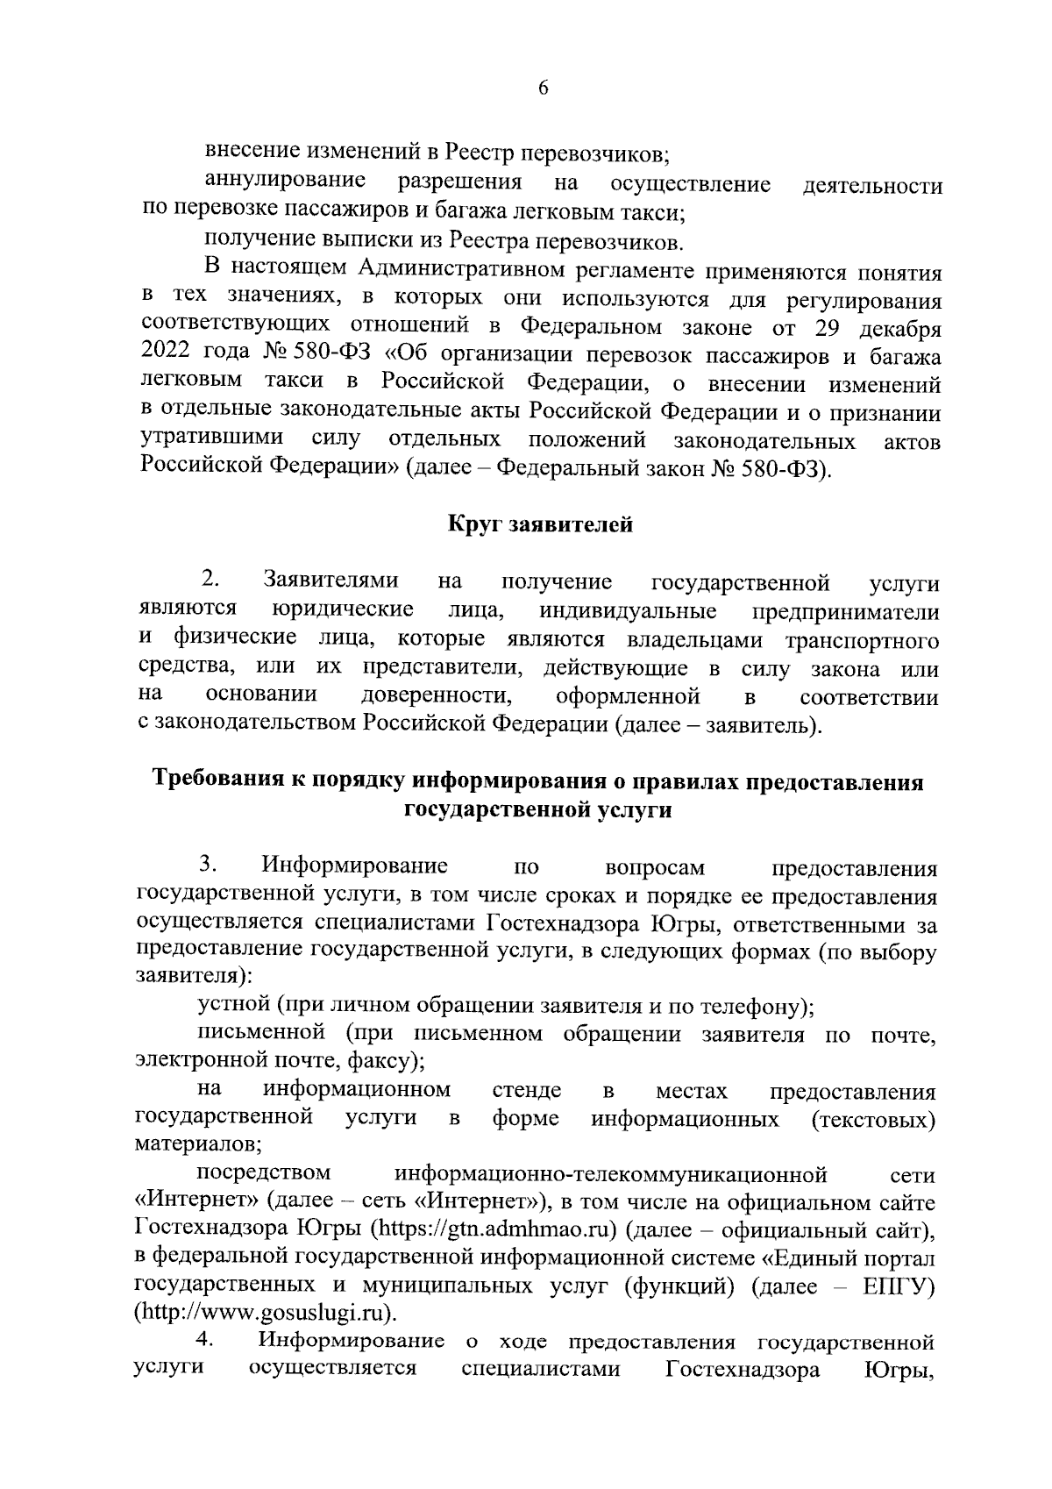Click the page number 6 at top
click(543, 88)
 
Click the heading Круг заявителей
click(540, 525)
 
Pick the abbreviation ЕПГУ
click(896, 1286)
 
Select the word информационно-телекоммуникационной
click(611, 1173)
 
